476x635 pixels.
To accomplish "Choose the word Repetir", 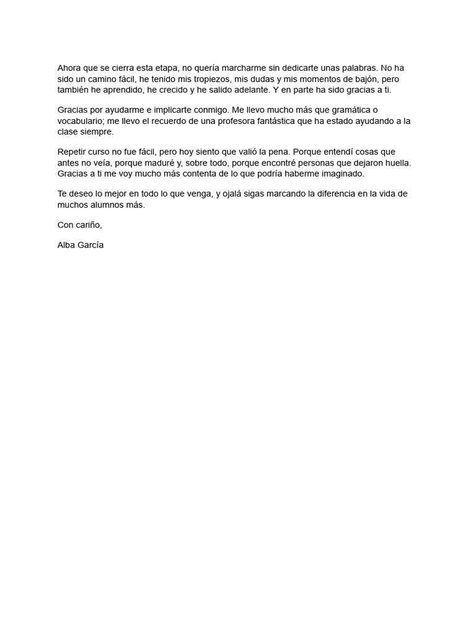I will [x=73, y=152].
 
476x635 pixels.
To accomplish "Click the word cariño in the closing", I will [x=89, y=225].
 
